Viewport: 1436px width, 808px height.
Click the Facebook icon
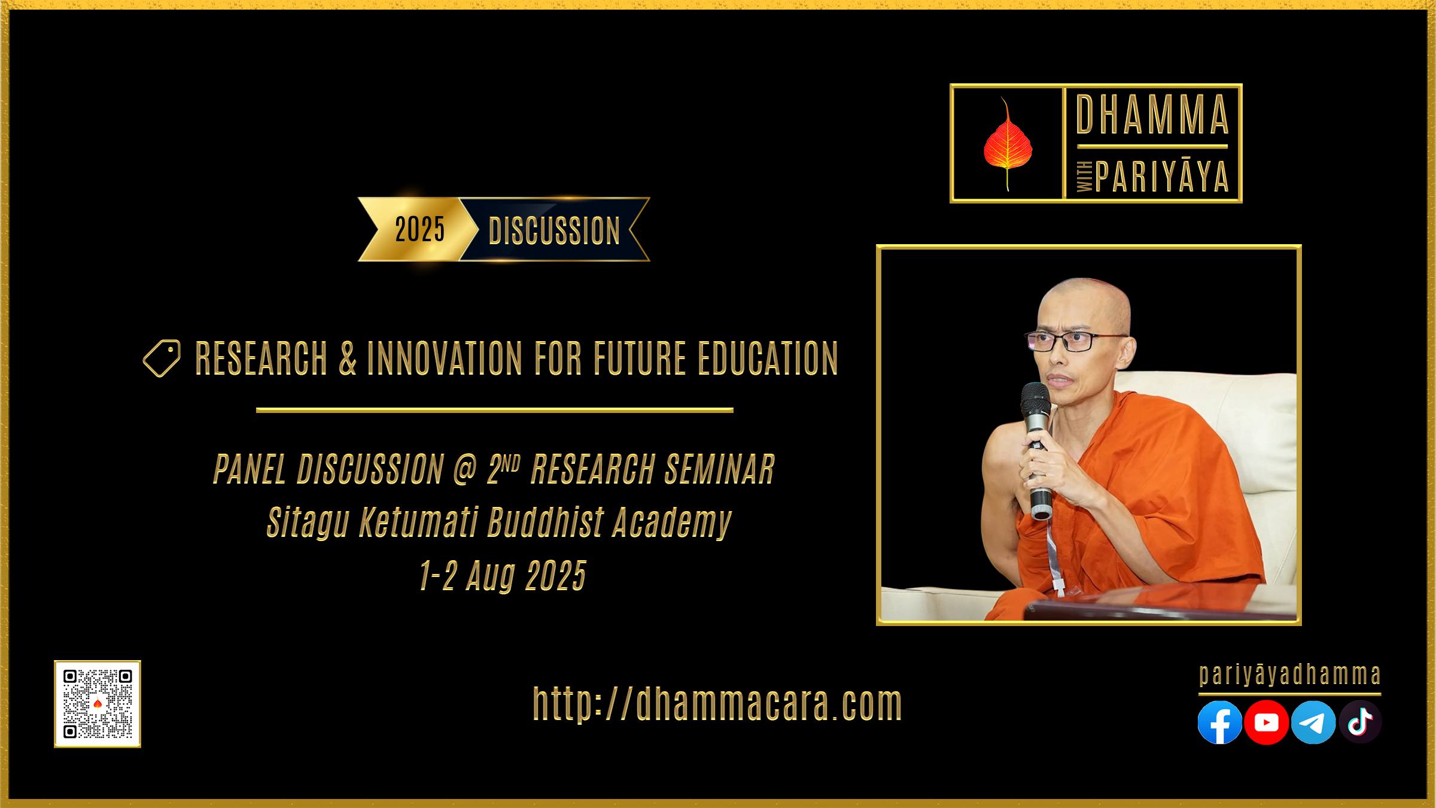[x=1219, y=722]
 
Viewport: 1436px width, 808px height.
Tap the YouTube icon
[x=1266, y=722]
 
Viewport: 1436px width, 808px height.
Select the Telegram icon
[x=1313, y=722]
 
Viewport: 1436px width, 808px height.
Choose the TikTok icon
[x=1359, y=722]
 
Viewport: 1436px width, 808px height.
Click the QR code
[x=98, y=704]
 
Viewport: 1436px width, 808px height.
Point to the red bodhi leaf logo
[x=1007, y=144]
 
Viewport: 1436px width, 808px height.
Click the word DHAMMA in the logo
[x=1152, y=114]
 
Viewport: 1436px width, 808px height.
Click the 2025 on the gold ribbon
[x=420, y=229]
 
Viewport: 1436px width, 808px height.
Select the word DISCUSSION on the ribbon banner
[x=554, y=231]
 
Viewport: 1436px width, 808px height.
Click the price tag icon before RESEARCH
[x=162, y=359]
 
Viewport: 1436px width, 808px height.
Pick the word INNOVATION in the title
[x=445, y=359]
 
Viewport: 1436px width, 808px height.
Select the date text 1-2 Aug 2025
[x=503, y=576]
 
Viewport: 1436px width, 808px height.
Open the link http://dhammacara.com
[x=717, y=704]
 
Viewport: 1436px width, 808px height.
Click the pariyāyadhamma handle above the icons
[x=1290, y=676]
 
